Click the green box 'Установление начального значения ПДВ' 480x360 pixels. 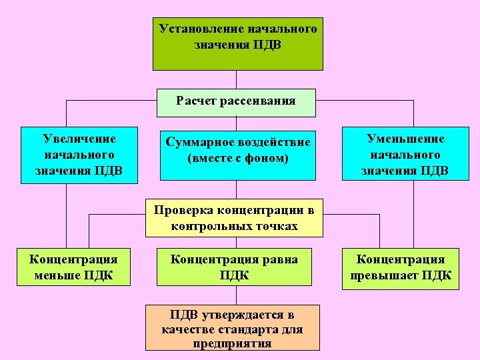(x=237, y=44)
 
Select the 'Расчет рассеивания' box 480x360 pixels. (x=236, y=101)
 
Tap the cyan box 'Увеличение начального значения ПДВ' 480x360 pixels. (x=79, y=155)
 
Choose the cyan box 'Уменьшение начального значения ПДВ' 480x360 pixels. (x=405, y=155)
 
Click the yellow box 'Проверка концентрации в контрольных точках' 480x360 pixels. (x=234, y=218)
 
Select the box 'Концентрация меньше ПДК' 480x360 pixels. (x=73, y=267)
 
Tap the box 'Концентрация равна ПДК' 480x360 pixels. (x=234, y=267)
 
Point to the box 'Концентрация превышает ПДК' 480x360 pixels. (x=400, y=267)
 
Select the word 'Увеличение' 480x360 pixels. (x=79, y=139)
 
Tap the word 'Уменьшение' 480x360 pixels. (x=405, y=139)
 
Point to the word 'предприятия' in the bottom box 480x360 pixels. (x=232, y=344)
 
